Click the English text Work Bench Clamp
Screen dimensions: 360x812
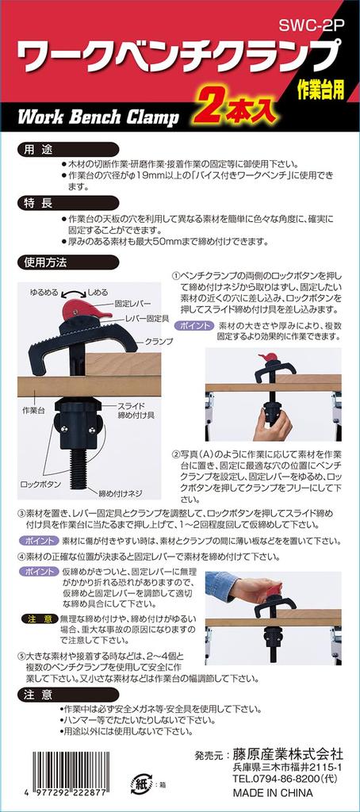98,117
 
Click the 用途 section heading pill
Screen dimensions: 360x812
68,150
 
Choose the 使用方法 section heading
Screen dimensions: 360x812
68,262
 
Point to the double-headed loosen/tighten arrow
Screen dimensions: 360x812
74,293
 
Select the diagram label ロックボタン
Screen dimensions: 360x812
41,485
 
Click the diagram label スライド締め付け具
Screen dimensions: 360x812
127,412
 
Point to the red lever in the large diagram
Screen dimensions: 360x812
83,311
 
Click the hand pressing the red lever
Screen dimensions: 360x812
256,588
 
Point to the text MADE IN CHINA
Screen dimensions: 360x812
273,793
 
